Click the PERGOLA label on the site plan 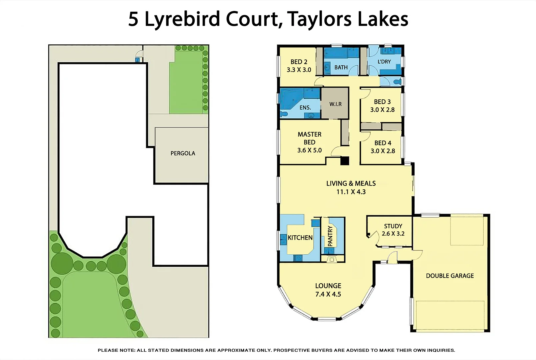tap(183, 153)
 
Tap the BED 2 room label tap(299, 62)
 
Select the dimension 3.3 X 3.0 tap(299, 70)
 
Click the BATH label tap(341, 67)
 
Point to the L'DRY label tap(384, 62)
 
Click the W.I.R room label tap(335, 104)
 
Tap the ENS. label tap(305, 107)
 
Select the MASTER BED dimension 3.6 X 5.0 tap(309, 150)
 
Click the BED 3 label tap(382, 102)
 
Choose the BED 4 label tap(383, 143)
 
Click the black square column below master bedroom tap(344, 161)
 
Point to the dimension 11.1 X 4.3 tap(351, 192)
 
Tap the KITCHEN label tap(300, 238)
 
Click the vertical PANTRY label tap(330, 236)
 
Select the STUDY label tap(393, 226)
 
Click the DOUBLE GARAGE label tap(450, 276)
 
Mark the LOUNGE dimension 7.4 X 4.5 tap(328, 294)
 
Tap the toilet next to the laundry tap(397, 81)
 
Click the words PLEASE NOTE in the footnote tap(116, 350)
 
